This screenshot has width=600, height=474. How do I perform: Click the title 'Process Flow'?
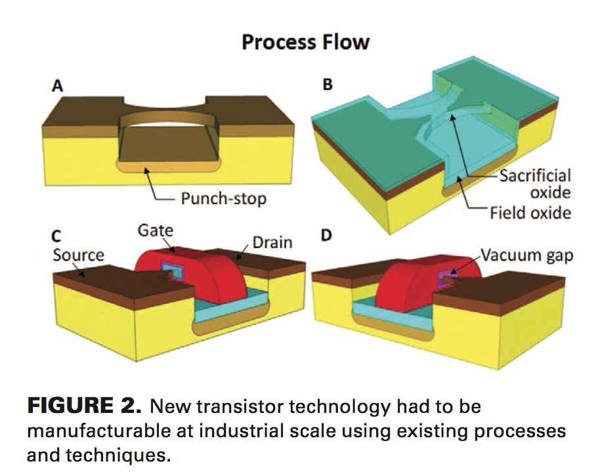coord(305,43)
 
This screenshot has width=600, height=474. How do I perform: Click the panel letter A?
coord(59,87)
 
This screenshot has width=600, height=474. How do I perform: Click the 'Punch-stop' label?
coord(223,198)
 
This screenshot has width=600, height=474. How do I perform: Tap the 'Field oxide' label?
coord(530,213)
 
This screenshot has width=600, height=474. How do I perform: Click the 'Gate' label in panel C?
coord(156,230)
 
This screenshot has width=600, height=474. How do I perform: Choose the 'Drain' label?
coord(272,242)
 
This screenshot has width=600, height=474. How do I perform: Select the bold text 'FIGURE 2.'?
coord(84,406)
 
